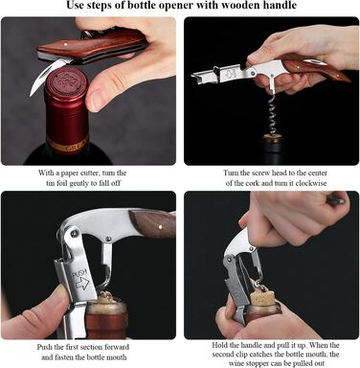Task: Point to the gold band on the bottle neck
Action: (66, 146)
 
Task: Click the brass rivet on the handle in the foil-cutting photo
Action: (65, 44)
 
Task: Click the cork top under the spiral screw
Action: (273, 139)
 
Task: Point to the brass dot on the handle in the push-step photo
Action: (160, 227)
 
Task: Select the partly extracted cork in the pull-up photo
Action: (262, 298)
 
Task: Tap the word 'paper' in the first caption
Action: (69, 173)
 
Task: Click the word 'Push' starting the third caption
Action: (44, 347)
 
